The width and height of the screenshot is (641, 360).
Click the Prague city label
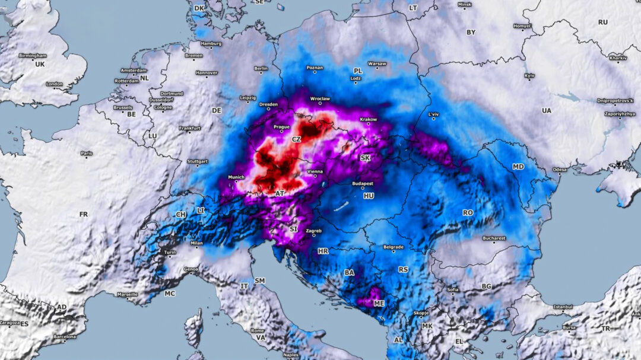point(281,127)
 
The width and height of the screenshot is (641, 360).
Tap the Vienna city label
point(315,172)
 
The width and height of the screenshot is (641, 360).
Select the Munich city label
point(236,177)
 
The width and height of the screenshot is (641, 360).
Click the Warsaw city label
point(377,63)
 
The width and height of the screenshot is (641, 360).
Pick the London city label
point(54,84)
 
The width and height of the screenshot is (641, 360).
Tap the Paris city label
point(87,154)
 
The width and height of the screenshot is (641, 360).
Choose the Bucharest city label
point(494,238)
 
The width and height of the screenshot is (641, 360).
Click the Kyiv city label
point(529,76)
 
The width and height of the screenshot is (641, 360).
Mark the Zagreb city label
point(313,230)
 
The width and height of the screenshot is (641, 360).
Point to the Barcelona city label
point(64,337)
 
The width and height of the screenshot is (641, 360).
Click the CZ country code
point(296,139)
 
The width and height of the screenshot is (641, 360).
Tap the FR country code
point(83,214)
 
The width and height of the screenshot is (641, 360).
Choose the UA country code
point(546,111)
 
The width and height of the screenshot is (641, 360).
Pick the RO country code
point(468,212)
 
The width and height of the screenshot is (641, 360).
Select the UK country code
point(40,64)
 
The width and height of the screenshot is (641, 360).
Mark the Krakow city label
point(368,119)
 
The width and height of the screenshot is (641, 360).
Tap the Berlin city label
point(261,69)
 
